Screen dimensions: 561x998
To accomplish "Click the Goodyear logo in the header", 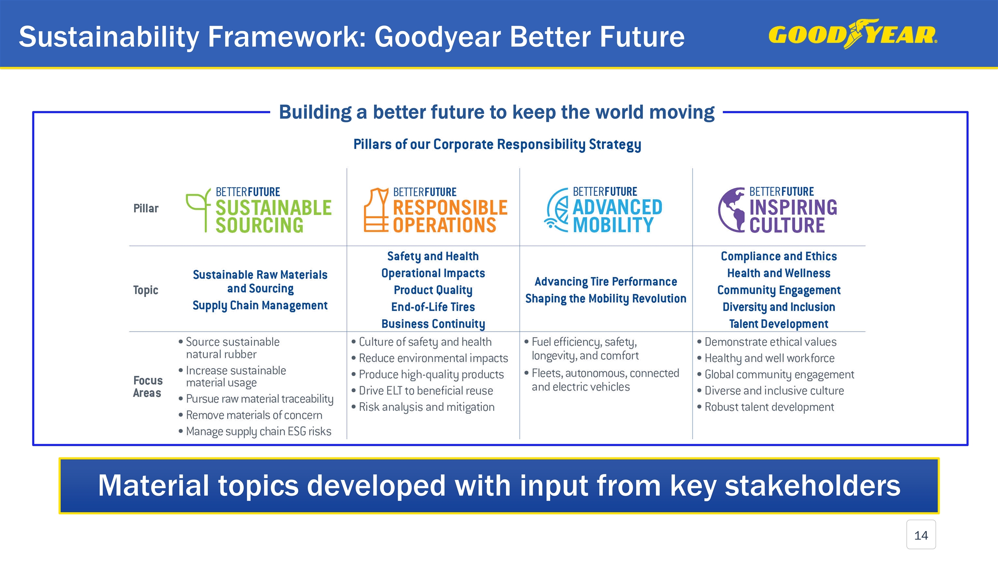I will coord(853,34).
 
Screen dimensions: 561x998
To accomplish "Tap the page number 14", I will coord(921,535).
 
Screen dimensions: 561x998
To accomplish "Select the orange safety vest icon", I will coord(376,210).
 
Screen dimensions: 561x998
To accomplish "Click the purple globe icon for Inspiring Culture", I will coord(732,210).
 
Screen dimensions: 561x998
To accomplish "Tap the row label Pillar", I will coord(146,208).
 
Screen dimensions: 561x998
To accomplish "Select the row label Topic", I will coord(145,290).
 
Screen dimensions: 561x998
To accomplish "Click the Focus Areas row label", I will coord(147,386).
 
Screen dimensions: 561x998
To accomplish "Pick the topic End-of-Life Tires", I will coord(433,307).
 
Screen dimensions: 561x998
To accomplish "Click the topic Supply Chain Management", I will coord(260,305).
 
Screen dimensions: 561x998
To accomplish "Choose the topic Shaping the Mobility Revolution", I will coord(605,299).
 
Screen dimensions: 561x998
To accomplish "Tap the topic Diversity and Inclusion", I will coord(779,307).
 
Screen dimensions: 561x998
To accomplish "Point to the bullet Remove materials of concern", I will coord(254,415).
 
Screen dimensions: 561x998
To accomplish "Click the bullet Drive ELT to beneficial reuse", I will coord(426,391).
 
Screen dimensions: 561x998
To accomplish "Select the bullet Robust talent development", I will coord(769,407).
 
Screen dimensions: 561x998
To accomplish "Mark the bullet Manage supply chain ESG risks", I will coord(258,432).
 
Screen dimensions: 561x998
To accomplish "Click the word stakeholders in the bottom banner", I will coord(812,486).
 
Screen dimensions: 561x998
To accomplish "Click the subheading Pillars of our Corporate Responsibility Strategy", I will coord(497,145).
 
